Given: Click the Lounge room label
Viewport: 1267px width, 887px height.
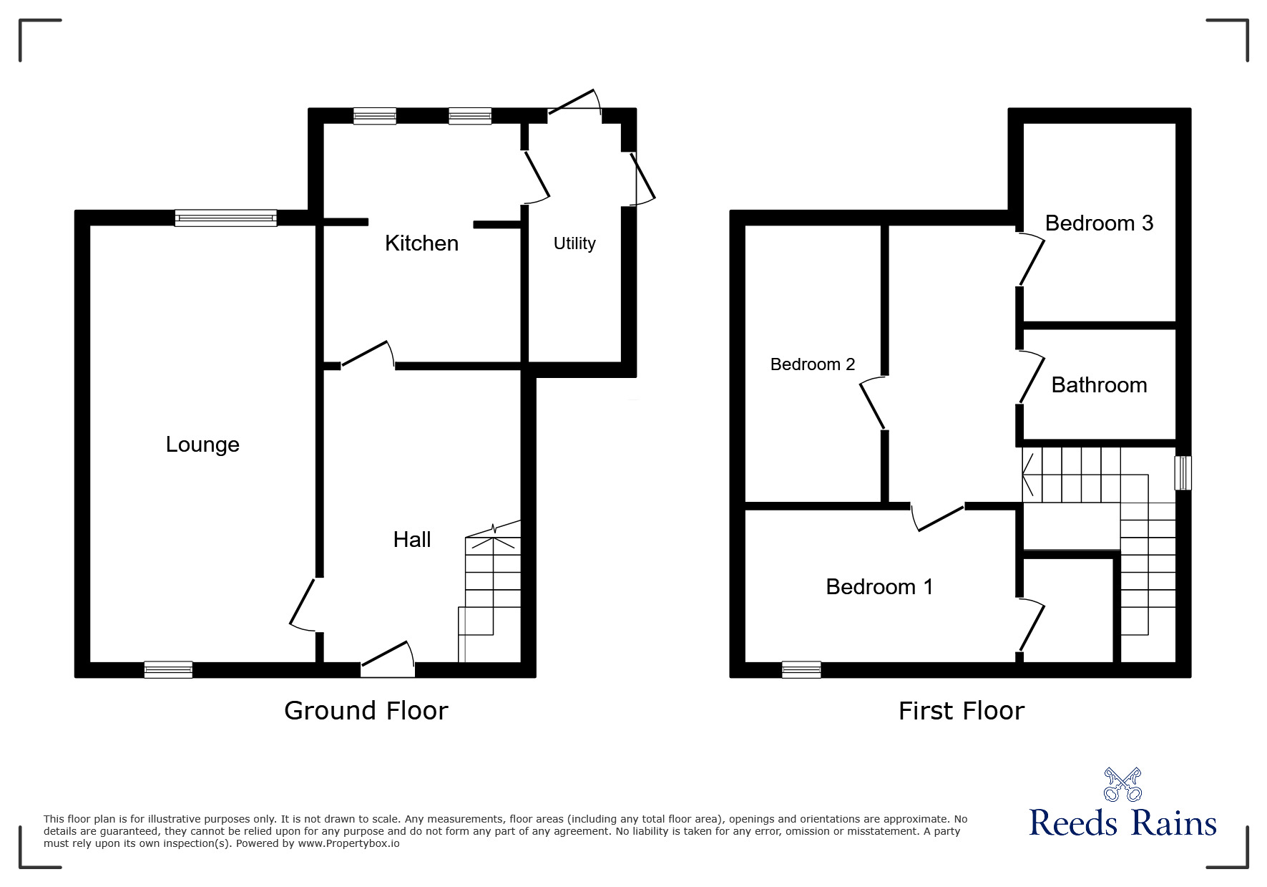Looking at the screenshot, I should click(x=202, y=445).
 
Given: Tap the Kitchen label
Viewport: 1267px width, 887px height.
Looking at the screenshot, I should click(x=421, y=243).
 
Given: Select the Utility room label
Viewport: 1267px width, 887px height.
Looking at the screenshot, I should click(x=574, y=243).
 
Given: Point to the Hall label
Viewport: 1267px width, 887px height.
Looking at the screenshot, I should click(x=412, y=539).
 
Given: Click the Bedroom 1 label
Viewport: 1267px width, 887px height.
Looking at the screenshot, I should click(x=879, y=587).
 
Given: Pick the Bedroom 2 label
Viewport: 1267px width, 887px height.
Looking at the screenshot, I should click(x=813, y=364).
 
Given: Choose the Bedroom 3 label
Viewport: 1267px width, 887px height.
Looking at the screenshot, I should click(x=1099, y=223).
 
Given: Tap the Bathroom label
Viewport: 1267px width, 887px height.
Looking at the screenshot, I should click(x=1099, y=385).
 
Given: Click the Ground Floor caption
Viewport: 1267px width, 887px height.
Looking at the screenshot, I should click(x=366, y=710).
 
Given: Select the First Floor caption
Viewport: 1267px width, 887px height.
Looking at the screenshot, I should click(x=961, y=711).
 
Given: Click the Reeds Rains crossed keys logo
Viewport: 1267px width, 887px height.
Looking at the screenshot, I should click(x=1122, y=784).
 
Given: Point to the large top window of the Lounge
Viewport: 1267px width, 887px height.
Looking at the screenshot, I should click(x=226, y=218).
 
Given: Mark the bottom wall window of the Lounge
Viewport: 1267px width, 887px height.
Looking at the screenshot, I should click(x=168, y=669).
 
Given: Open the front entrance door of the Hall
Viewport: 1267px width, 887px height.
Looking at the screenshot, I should click(x=388, y=660).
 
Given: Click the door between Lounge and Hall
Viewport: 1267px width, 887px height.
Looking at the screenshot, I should click(x=303, y=606).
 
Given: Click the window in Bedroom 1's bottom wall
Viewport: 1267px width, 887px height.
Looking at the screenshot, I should click(x=801, y=669).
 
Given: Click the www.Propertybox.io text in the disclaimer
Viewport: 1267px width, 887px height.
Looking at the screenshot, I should click(x=348, y=843).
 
